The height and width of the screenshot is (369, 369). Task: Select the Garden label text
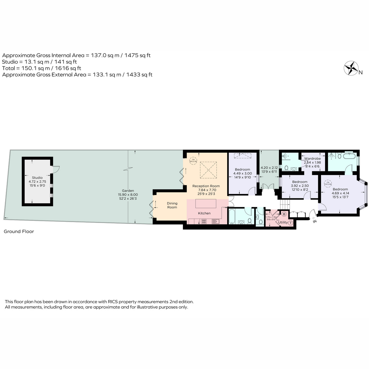click(x=128, y=191)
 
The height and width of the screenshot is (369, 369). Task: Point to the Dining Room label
click(x=172, y=205)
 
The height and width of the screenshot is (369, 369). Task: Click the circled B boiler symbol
click(x=284, y=214)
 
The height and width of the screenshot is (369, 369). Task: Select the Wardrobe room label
click(x=312, y=159)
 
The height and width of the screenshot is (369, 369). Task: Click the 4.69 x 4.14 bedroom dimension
click(x=340, y=193)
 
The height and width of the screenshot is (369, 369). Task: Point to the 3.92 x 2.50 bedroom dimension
click(x=300, y=185)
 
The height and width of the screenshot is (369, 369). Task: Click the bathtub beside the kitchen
click(x=232, y=217)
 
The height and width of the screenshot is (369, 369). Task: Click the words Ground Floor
click(x=19, y=231)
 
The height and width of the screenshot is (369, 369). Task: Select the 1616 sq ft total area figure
click(x=67, y=68)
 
